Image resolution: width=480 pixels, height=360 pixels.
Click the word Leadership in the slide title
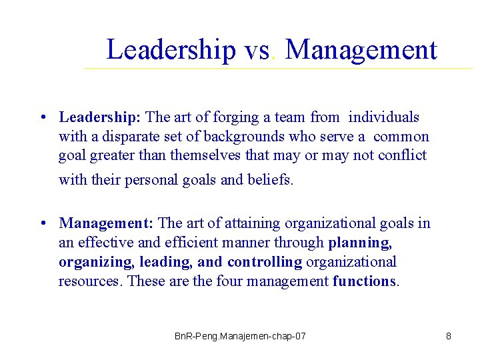coord(171,50)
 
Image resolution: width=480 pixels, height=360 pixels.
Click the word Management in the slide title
coord(361,50)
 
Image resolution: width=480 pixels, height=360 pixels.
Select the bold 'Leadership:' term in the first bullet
coord(99,117)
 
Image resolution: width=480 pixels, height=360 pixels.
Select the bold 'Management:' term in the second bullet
coord(106,223)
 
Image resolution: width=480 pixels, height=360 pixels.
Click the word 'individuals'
coord(383,117)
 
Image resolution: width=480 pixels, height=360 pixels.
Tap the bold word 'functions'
coord(364,281)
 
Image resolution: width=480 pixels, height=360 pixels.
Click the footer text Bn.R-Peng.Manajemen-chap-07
coord(240,336)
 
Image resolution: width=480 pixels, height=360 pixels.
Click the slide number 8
coord(449,336)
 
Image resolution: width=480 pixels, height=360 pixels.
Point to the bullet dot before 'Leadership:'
coord(42,118)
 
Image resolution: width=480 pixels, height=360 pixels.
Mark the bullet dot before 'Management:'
coord(42,223)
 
